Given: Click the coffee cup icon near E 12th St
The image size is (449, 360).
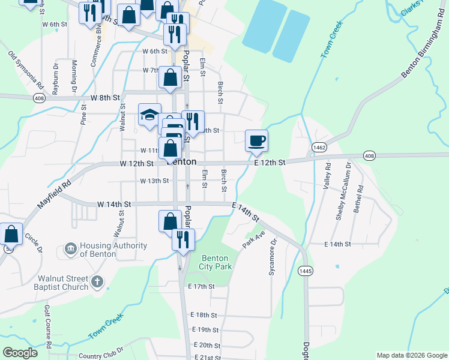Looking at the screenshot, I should (x=256, y=141).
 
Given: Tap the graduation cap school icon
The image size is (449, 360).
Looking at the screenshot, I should (x=149, y=115).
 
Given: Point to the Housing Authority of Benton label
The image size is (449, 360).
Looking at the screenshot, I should (x=113, y=250).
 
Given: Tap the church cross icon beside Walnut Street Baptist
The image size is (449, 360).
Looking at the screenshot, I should (x=97, y=281).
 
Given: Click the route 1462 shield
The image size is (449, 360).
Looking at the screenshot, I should (x=318, y=146).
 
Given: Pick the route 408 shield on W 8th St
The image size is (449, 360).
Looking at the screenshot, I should (x=39, y=98).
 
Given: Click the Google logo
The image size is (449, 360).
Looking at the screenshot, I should (x=20, y=353).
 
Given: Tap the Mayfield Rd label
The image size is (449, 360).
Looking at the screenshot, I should (x=54, y=194).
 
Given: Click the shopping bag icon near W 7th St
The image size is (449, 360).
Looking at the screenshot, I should (x=170, y=77).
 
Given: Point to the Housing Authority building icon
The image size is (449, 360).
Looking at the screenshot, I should (x=71, y=248).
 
